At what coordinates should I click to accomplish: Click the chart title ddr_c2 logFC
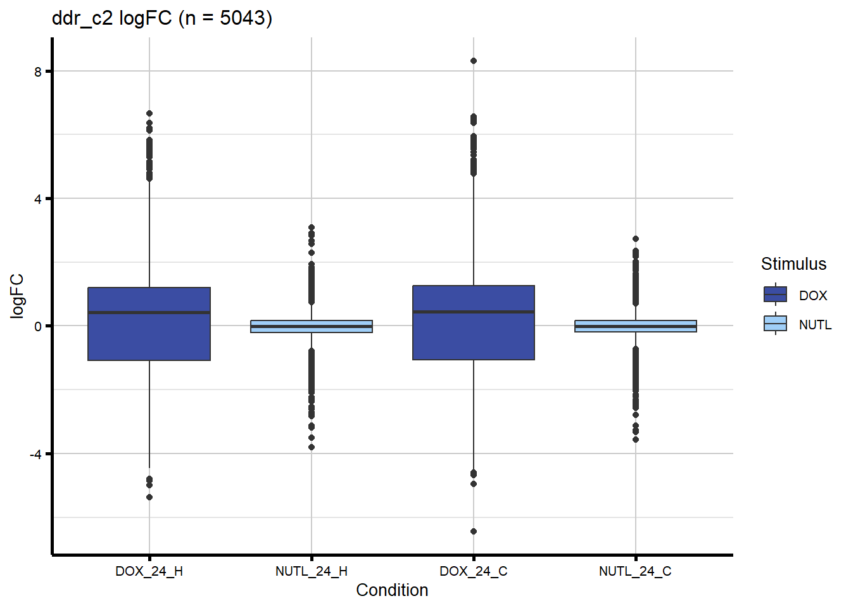point(162,18)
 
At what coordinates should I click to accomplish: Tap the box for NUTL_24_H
point(312,326)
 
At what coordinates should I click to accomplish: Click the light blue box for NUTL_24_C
point(636,326)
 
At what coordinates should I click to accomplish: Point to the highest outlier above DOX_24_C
point(474,61)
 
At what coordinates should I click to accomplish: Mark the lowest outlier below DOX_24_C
point(474,531)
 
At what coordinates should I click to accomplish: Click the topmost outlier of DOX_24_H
point(149,113)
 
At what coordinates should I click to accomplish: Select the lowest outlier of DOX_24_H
point(149,497)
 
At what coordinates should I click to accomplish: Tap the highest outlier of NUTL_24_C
point(636,239)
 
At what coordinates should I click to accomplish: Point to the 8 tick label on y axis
point(38,72)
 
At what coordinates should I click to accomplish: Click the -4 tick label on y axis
point(35,454)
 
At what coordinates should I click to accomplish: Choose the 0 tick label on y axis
point(38,327)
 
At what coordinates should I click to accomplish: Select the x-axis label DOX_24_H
point(149,571)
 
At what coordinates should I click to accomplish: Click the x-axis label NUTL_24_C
point(636,571)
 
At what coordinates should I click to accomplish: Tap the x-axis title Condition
point(392,590)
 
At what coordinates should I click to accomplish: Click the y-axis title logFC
point(17,296)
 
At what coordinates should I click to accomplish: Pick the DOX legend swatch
point(776,295)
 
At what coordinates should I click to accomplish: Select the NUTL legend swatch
point(776,324)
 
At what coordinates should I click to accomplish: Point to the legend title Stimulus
point(793,264)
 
